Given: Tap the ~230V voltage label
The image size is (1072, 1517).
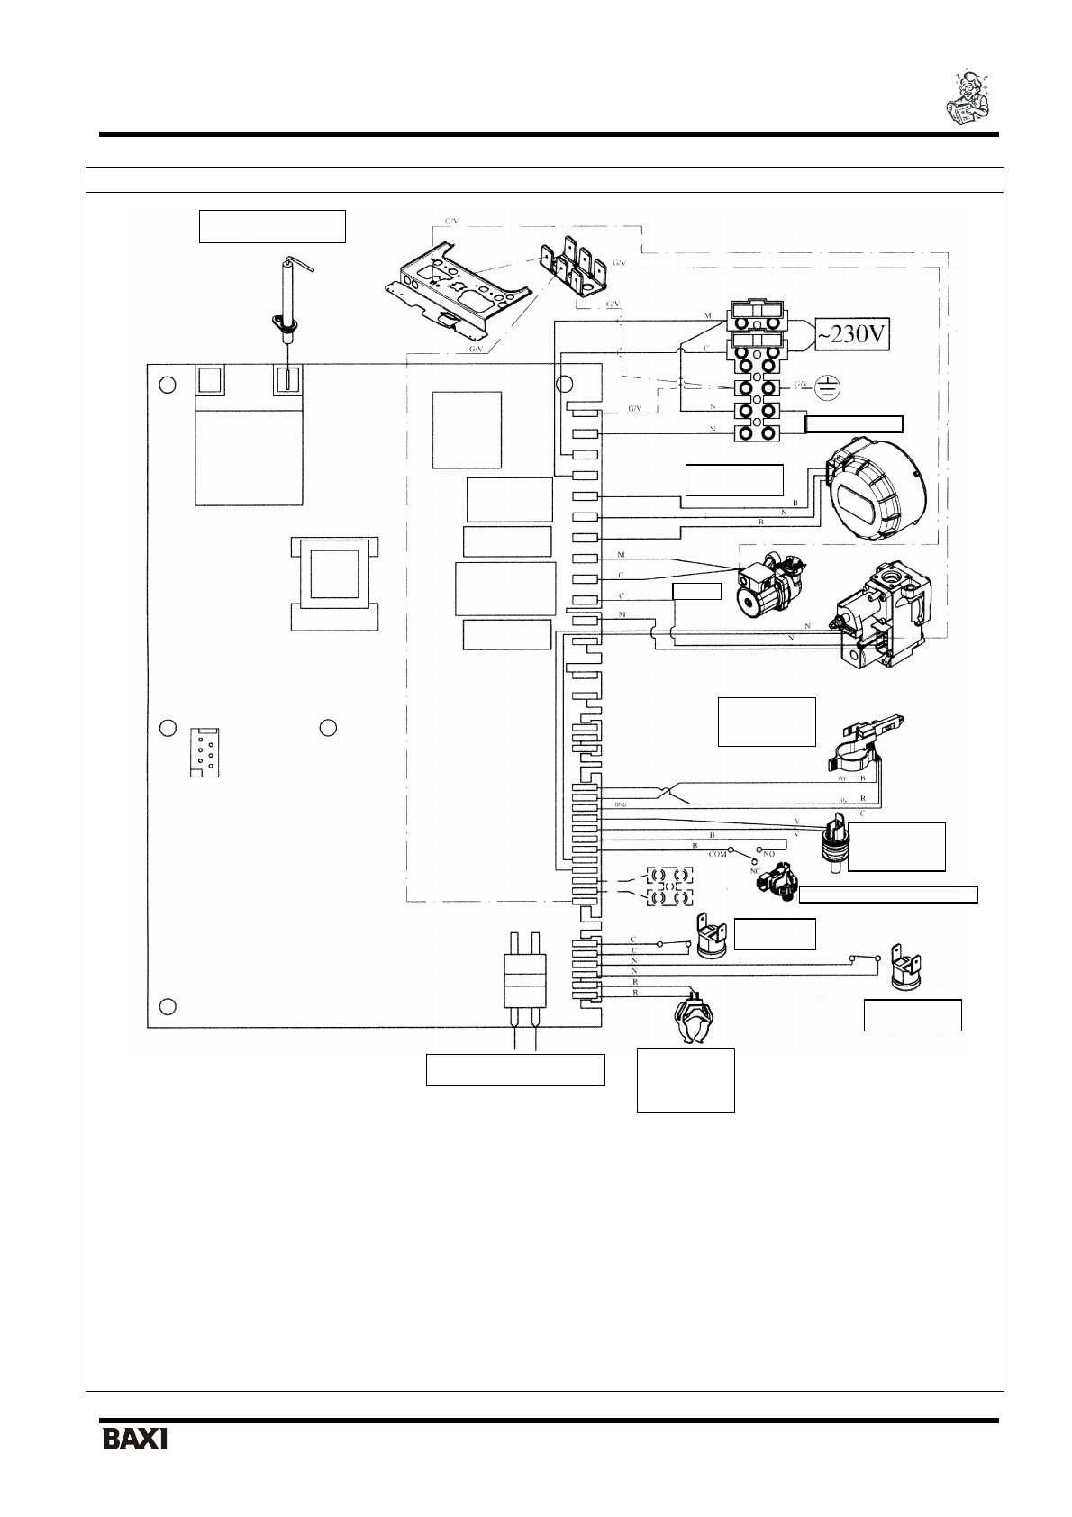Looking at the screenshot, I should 852,335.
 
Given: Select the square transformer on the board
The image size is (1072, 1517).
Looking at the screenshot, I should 334,583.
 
